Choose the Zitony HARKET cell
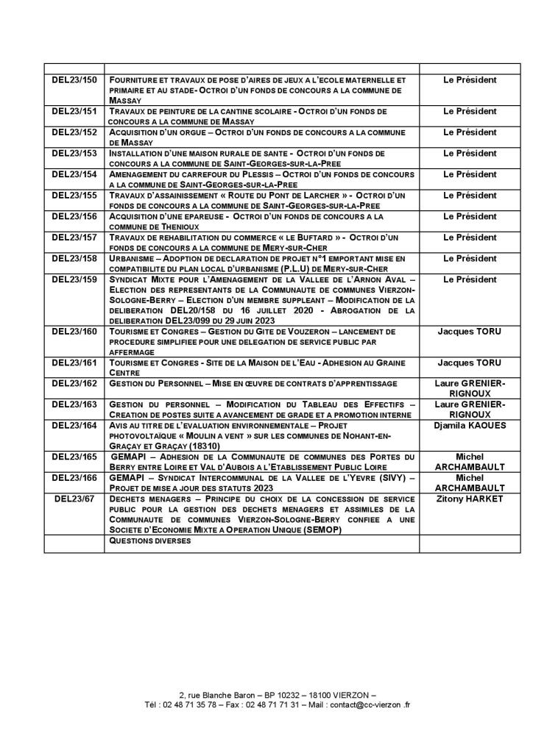470,499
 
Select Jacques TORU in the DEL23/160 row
470,332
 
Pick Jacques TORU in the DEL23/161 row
470,363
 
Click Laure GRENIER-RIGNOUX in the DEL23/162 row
470,388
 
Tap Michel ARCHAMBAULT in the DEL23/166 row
470,482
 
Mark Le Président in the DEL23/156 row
470,216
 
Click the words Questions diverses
149,540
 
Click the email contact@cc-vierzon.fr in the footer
367,704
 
